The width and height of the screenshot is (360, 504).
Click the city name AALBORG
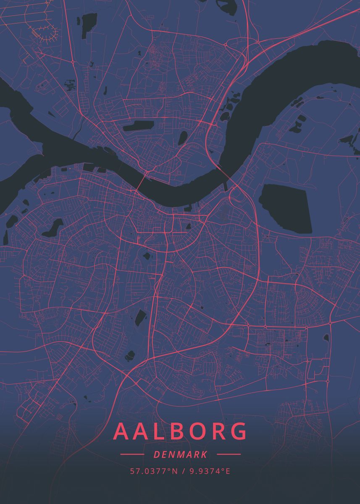click(180, 431)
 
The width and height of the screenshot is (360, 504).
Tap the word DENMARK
click(180, 454)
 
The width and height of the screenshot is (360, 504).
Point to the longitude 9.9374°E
click(210, 471)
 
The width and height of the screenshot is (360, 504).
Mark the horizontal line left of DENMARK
click(132, 454)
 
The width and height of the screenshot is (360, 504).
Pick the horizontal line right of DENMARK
click(229, 454)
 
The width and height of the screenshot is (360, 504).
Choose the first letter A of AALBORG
click(123, 431)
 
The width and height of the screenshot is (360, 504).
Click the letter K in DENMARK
click(203, 454)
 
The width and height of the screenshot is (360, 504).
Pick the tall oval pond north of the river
click(183, 137)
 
